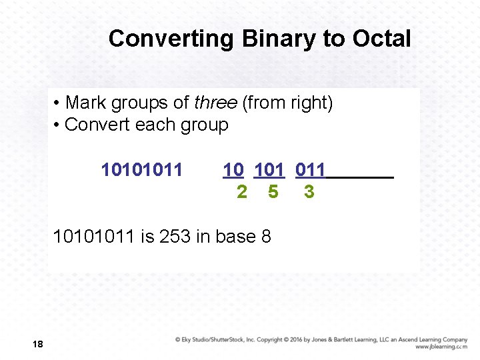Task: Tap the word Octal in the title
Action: [x=383, y=39]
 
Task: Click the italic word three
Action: [x=215, y=103]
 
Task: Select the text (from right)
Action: [x=288, y=103]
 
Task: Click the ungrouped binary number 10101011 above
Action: [x=141, y=170]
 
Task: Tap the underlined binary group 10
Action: [x=233, y=170]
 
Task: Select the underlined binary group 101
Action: [x=269, y=170]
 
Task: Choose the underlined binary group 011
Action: [x=311, y=170]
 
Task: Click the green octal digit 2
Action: [x=242, y=192]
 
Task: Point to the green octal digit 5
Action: [x=273, y=192]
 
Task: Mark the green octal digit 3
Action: [x=309, y=192]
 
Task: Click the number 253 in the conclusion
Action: [x=175, y=237]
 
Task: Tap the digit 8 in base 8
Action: [x=265, y=237]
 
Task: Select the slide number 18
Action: [x=37, y=344]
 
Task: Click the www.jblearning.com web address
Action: [x=441, y=347]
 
